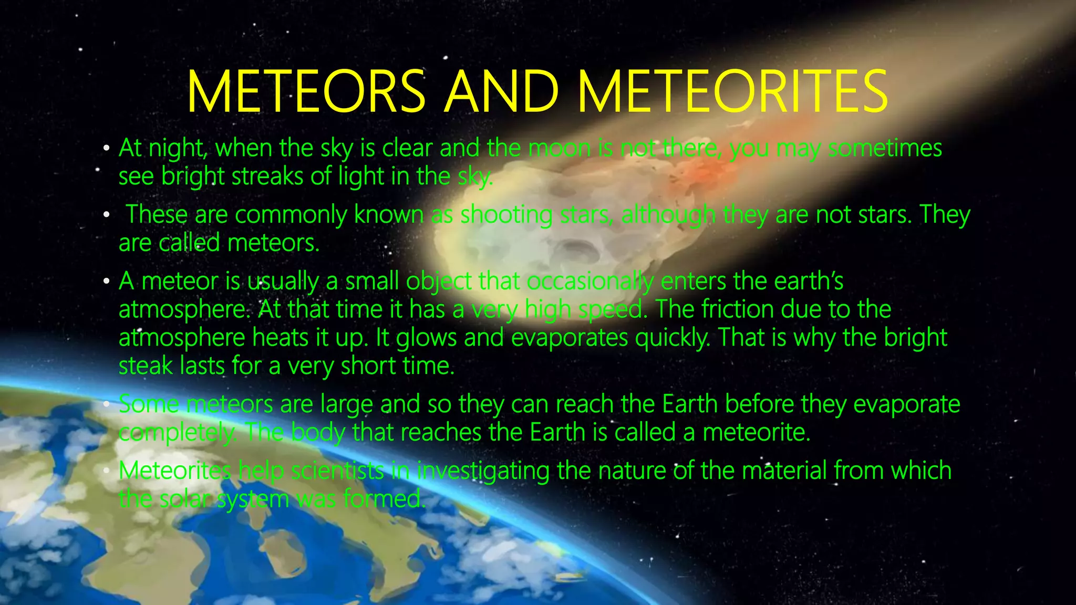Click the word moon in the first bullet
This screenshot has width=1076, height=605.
point(560,149)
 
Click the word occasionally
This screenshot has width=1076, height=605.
point(590,282)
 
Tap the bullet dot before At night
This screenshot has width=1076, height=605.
point(107,149)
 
